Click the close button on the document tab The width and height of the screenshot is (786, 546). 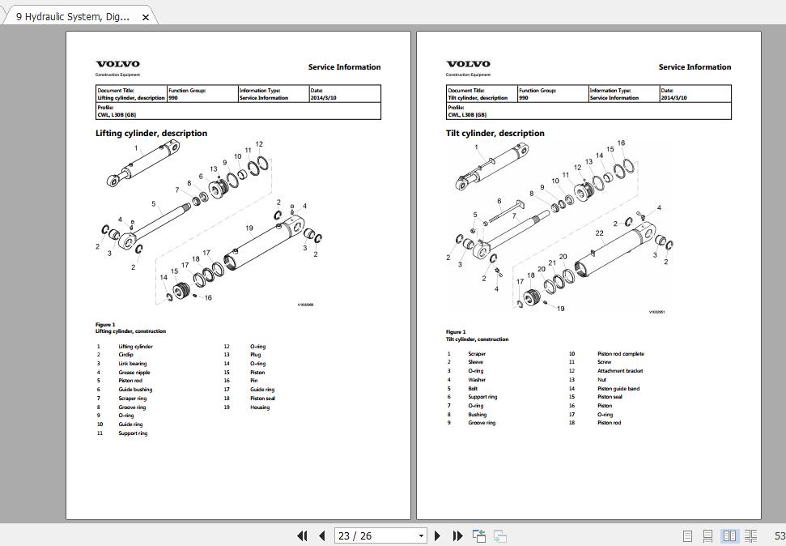coord(146,17)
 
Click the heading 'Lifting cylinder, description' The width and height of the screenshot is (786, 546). coord(151,134)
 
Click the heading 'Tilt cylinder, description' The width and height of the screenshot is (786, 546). coord(495,134)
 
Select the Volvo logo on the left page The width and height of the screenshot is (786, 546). coord(117,65)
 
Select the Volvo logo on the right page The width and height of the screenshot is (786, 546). coord(468,65)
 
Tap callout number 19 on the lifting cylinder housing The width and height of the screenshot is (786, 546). coord(249,228)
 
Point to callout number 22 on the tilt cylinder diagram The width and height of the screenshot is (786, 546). coord(600,233)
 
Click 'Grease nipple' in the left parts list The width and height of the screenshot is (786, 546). coord(134,373)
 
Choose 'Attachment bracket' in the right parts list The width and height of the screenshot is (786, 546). coord(620,371)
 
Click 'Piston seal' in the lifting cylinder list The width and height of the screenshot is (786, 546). coord(262,399)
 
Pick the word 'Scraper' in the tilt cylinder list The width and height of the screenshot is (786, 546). coord(477,354)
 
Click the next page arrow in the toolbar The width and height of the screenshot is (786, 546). coord(438,535)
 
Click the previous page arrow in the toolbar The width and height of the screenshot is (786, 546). coord(322,535)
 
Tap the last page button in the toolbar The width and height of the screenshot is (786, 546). coord(457,535)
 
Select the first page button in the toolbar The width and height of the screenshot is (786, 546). coord(303,535)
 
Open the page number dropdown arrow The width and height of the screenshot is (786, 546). coord(421,535)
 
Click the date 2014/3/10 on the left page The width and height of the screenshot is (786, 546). coord(323,98)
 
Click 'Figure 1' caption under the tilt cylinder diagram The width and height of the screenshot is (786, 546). coord(456,332)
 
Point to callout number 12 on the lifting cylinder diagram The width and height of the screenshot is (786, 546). coord(259,144)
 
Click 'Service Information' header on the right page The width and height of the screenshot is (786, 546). coord(695,67)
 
